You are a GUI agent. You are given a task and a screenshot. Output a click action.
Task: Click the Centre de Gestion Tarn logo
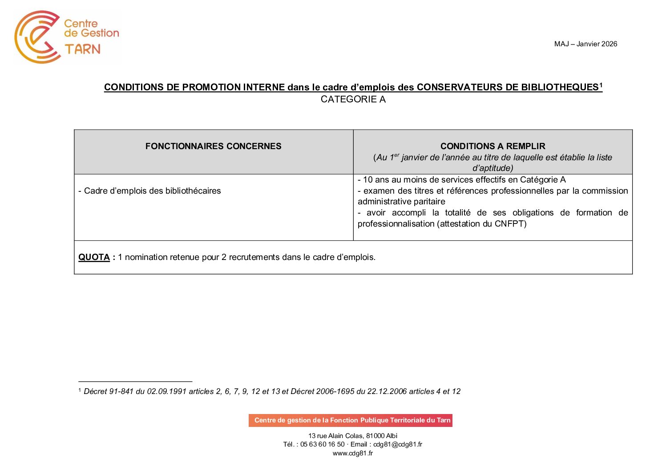[67, 37]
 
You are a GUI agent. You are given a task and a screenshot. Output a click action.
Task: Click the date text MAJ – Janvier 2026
[585, 44]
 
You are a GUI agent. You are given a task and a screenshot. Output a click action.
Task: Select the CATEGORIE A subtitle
[353, 99]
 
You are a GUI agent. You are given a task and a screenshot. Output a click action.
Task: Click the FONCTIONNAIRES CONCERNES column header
[213, 146]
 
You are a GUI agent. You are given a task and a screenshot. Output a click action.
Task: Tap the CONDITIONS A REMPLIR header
[492, 146]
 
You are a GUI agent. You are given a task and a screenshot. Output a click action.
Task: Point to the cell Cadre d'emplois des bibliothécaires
[149, 191]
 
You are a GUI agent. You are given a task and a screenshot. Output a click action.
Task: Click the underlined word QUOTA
[94, 257]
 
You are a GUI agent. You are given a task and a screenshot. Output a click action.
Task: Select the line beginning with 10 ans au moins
[461, 179]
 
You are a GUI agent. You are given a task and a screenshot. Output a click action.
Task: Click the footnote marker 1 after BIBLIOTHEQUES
[601, 85]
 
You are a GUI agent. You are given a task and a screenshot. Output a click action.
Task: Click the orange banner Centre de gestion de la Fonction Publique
[351, 420]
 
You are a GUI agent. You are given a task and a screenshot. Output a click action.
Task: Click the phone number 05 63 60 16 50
[322, 444]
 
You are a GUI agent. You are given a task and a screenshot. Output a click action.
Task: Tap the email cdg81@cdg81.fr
[397, 444]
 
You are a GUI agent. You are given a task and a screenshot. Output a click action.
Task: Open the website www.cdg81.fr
[352, 453]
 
